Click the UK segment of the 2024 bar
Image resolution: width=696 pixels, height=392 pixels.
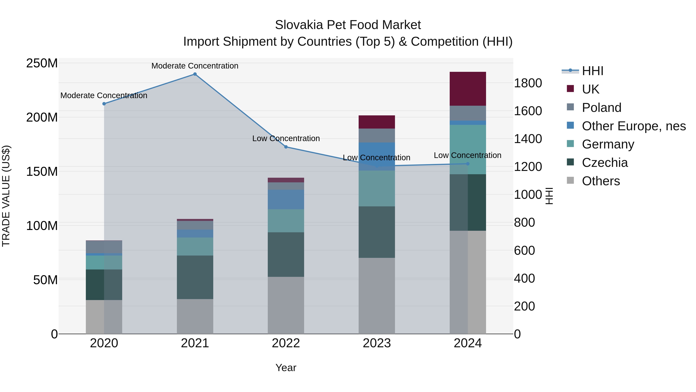point(468,89)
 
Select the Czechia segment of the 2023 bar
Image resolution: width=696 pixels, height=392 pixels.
point(377,232)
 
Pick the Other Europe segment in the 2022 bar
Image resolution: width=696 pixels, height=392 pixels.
point(286,199)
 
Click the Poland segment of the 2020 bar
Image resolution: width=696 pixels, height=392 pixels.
point(104,247)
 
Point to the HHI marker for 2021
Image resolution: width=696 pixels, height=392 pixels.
point(195,74)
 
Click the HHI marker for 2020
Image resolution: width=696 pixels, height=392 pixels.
point(104,104)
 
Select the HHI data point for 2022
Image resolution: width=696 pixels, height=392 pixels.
point(286,147)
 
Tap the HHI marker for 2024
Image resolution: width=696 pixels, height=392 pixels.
point(468,164)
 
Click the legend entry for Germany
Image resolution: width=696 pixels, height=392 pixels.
point(608,144)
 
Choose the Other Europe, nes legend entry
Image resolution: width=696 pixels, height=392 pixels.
point(634,126)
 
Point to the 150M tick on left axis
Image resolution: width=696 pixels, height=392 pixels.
point(42,172)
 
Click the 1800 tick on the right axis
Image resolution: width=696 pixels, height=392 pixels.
point(528,83)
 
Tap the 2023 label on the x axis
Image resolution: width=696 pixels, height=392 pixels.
point(377,343)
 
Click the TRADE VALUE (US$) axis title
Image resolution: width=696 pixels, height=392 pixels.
point(6,196)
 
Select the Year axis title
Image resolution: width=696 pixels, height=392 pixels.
point(286,368)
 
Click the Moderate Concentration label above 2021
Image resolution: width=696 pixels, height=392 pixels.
point(195,66)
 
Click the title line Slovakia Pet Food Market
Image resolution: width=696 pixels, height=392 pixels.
point(348,25)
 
